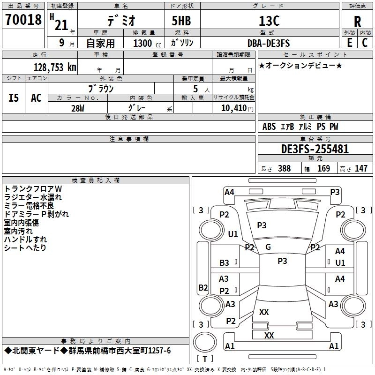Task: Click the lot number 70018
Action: click(23, 20)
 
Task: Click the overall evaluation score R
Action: click(358, 22)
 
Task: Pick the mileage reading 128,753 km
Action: click(55, 67)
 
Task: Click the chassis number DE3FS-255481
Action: click(315, 149)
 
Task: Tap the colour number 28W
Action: click(78, 108)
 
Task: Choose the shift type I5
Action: click(14, 98)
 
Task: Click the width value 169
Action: click(323, 168)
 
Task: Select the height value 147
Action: click(361, 168)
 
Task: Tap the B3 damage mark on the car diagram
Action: click(225, 263)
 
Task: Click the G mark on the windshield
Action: click(268, 247)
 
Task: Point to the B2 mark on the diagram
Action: click(203, 287)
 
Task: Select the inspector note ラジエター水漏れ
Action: click(33, 197)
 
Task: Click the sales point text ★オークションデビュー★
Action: click(300, 65)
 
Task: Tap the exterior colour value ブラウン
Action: click(101, 88)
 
